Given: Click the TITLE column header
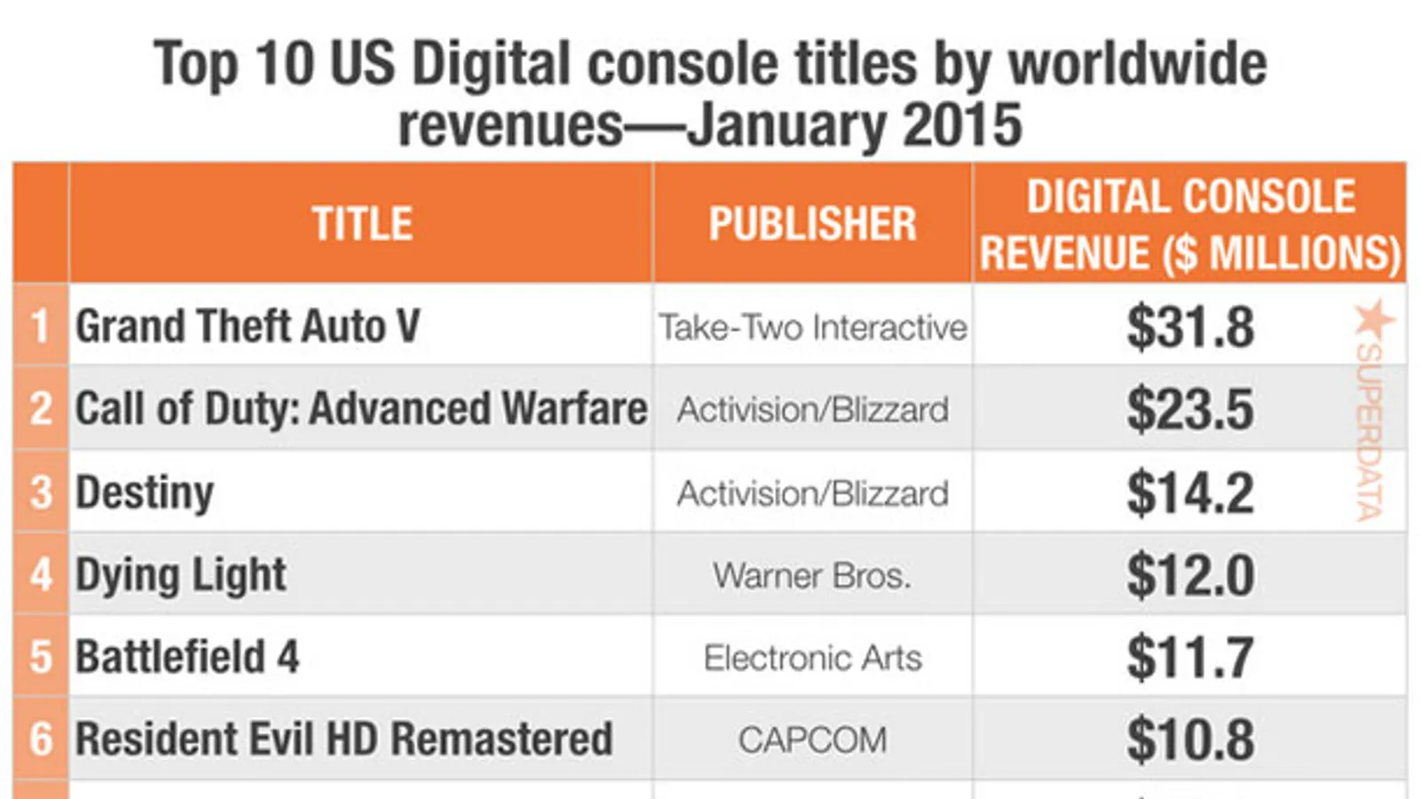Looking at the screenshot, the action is pyautogui.click(x=362, y=223).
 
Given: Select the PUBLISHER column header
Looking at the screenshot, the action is pyautogui.click(x=813, y=223).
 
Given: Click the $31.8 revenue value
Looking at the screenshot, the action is pyautogui.click(x=1190, y=328).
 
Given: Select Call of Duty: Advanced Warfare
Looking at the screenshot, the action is pyautogui.click(x=361, y=407).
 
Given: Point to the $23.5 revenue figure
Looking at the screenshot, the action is pyautogui.click(x=1190, y=410).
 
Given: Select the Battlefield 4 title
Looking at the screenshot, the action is pyautogui.click(x=187, y=656).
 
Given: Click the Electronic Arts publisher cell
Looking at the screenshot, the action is pyautogui.click(x=813, y=658).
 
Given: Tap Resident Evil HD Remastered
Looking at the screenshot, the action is pyautogui.click(x=344, y=739).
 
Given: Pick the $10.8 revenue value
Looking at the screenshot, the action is pyautogui.click(x=1190, y=740).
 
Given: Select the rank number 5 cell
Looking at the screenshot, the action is pyautogui.click(x=41, y=657).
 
